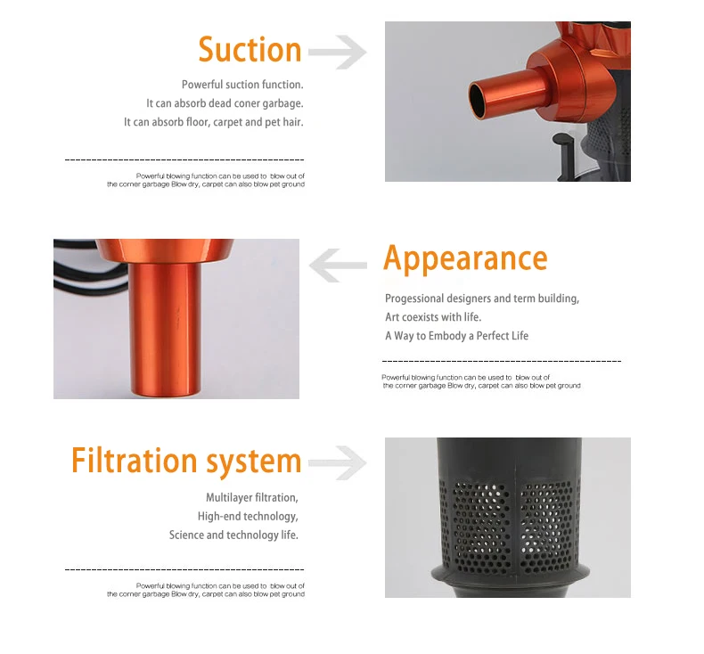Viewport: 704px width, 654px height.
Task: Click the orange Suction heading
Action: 250,49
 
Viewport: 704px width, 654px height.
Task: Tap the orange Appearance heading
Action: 465,258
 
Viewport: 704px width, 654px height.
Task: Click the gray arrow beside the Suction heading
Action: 338,52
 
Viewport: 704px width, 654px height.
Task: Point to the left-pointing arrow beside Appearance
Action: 338,266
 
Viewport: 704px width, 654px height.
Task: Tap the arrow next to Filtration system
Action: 338,463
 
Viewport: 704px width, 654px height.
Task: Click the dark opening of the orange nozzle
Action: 477,100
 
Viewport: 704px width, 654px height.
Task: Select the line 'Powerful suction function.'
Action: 242,85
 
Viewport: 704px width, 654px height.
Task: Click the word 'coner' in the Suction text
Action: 247,103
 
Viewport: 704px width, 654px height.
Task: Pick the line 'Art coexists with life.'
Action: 433,317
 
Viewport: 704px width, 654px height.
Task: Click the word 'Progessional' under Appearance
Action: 414,298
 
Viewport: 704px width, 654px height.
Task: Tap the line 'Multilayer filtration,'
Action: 252,497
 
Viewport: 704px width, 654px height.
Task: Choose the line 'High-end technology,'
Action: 248,516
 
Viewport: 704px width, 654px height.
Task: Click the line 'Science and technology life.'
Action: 233,535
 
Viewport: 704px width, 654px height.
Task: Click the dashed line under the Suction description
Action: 184,159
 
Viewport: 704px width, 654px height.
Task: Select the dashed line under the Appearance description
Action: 502,361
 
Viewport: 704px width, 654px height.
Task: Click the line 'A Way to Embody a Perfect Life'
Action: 456,336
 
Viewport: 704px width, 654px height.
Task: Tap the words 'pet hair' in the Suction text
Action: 283,123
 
